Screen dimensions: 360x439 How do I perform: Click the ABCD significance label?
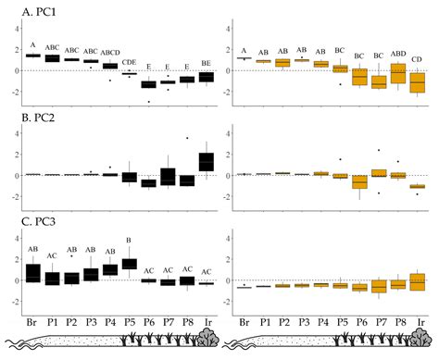click(x=110, y=53)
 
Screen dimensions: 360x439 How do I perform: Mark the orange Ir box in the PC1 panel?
click(x=418, y=82)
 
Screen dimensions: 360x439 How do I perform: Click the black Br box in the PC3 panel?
click(x=33, y=273)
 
